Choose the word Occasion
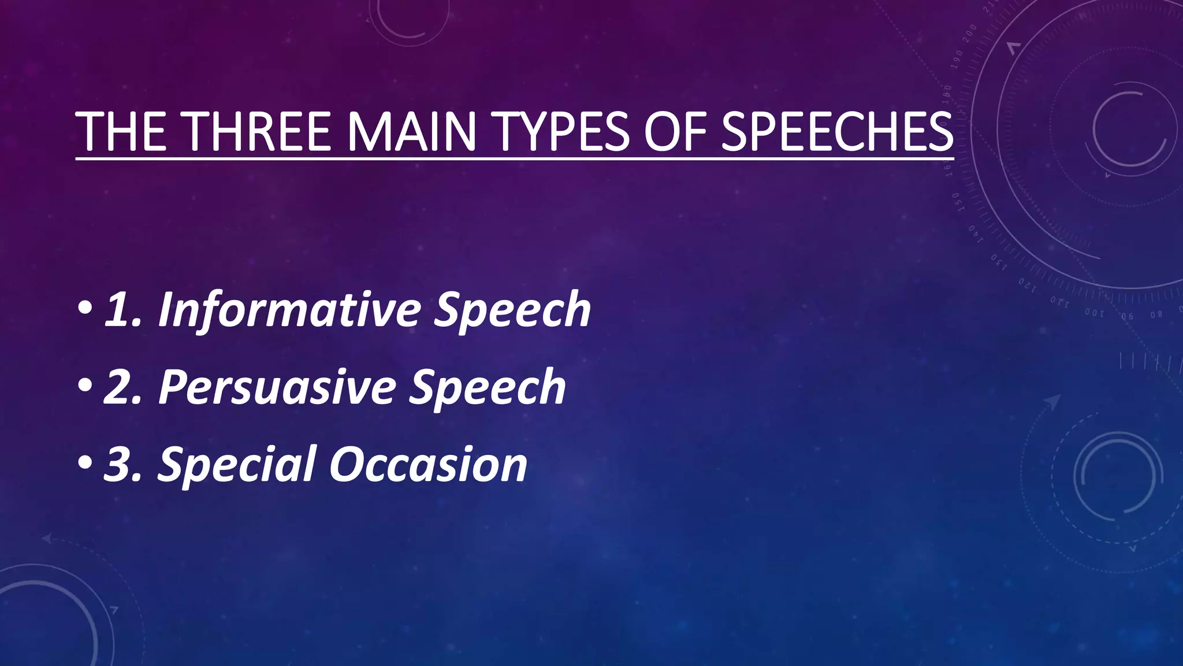click(428, 464)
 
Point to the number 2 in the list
click(120, 387)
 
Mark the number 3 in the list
click(120, 465)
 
